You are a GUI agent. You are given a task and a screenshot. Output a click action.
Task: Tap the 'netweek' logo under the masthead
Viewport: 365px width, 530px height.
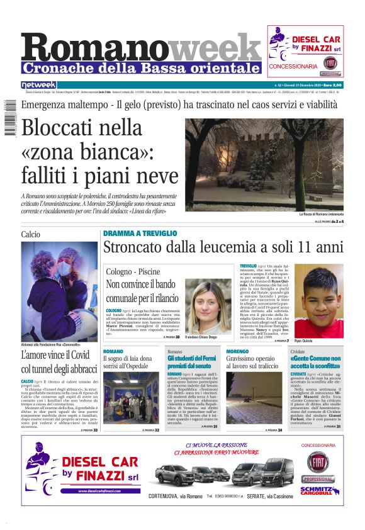click(38, 85)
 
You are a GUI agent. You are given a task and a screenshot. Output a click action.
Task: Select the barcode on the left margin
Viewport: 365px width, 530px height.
click(9, 120)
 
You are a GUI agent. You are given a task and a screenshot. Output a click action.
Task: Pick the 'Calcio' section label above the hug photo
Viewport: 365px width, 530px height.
click(30, 234)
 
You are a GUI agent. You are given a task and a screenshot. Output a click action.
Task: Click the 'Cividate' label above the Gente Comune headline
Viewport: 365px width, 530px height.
click(298, 351)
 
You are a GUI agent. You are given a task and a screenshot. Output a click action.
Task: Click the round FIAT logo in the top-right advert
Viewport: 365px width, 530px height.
click(330, 63)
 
